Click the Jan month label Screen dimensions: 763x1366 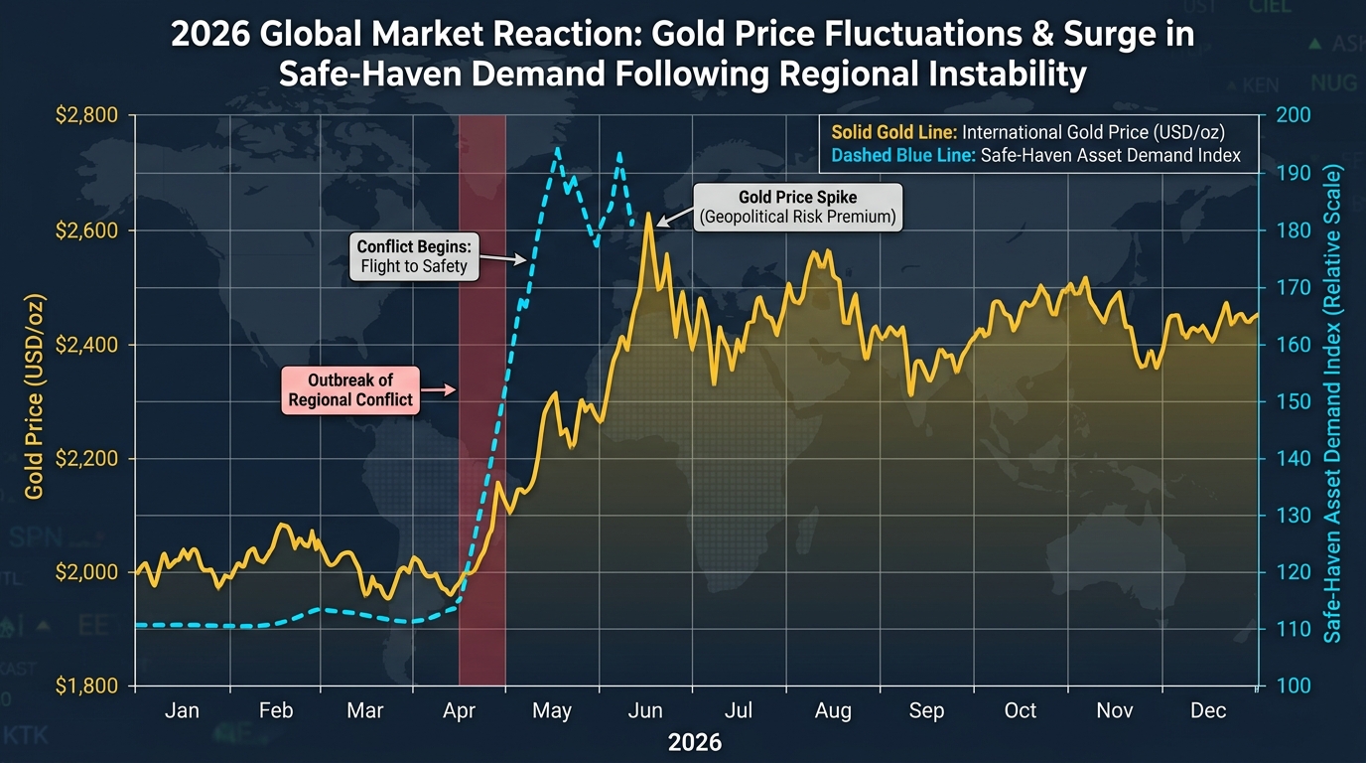(182, 711)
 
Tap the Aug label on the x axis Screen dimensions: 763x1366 (833, 711)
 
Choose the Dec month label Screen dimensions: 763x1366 (1208, 711)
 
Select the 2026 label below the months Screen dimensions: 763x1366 (695, 743)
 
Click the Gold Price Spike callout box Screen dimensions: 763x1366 (797, 207)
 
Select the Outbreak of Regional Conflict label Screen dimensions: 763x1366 (350, 389)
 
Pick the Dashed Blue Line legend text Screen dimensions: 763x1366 (1035, 156)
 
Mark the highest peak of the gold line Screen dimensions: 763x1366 (648, 215)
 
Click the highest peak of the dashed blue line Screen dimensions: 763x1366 (557, 149)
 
